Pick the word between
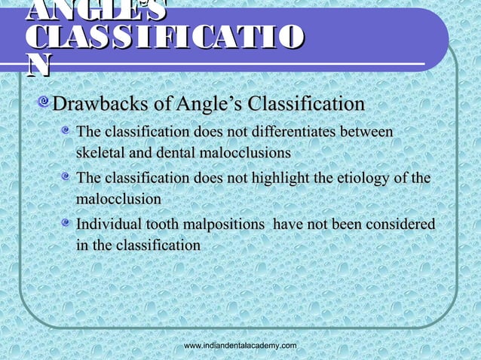(x=366, y=133)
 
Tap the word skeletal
(x=99, y=153)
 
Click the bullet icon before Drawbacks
(x=47, y=103)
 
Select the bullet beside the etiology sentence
(x=68, y=178)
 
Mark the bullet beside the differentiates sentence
(x=68, y=133)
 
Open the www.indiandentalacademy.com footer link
(x=240, y=344)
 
